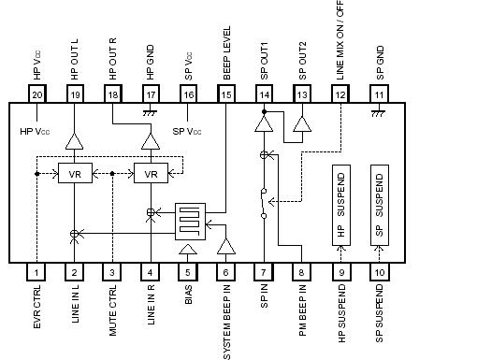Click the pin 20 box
point(37,95)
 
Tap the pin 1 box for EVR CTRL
point(36,272)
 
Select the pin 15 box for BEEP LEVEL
point(225,95)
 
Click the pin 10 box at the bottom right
point(379,272)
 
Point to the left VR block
point(74,174)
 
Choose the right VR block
point(150,174)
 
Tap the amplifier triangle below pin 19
point(74,140)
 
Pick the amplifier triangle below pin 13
point(300,124)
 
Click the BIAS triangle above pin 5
point(187,250)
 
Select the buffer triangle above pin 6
point(225,246)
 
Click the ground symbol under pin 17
point(151,111)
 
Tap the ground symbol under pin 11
point(379,111)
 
